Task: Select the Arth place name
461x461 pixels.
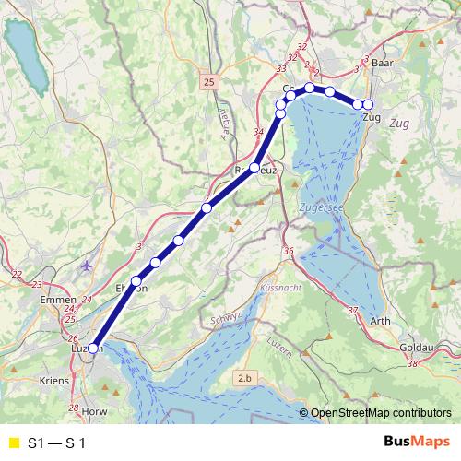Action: [379, 321]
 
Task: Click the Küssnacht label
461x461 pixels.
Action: [281, 289]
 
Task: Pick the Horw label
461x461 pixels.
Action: [94, 411]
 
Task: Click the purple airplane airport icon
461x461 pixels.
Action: [87, 266]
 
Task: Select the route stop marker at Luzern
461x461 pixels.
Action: [92, 348]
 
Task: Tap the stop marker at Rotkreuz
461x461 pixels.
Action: [254, 168]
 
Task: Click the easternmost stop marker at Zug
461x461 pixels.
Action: [368, 104]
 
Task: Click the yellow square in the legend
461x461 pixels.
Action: [13, 443]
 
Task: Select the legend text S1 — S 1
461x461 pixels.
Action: [56, 443]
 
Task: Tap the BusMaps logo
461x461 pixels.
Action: [416, 443]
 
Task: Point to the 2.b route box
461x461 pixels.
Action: [244, 378]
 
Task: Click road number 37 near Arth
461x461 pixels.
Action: [353, 311]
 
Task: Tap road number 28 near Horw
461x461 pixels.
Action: [74, 408]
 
